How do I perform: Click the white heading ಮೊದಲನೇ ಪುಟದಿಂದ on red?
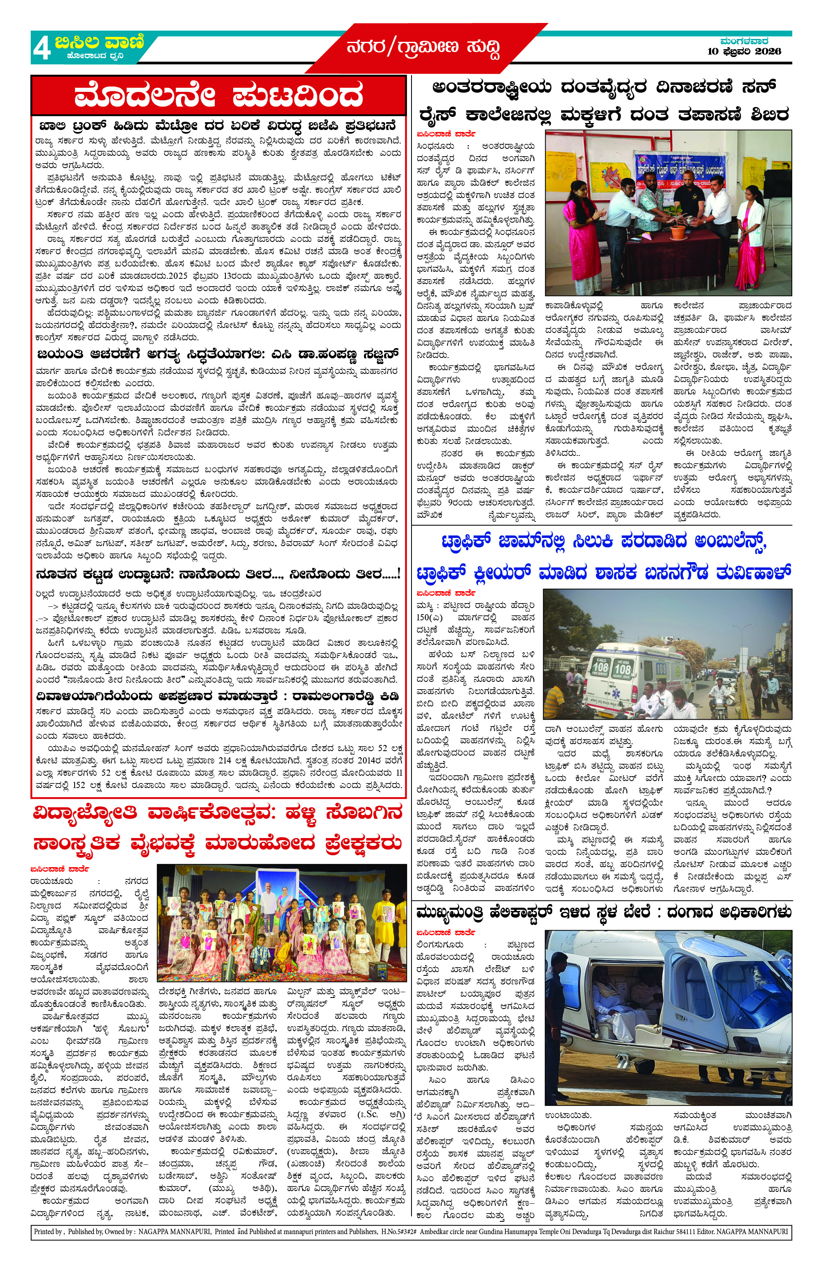tap(218, 97)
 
